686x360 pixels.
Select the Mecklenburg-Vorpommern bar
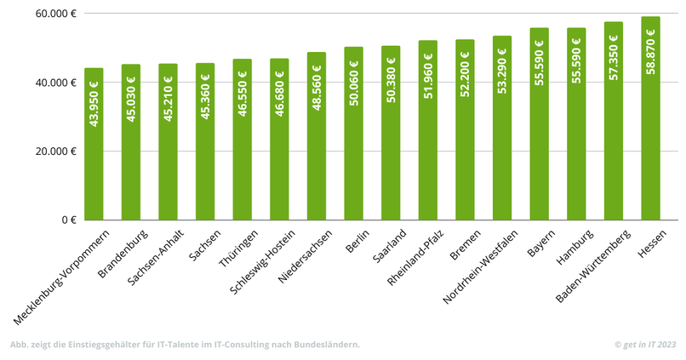(x=94, y=145)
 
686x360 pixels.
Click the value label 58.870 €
(x=651, y=52)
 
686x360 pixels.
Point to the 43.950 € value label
(x=94, y=104)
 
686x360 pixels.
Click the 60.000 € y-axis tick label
(x=57, y=14)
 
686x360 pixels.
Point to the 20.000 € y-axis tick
(x=57, y=151)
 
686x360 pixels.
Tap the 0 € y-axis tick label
(x=68, y=220)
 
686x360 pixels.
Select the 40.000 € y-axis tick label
(x=57, y=83)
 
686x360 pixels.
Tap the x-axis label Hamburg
(x=577, y=245)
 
